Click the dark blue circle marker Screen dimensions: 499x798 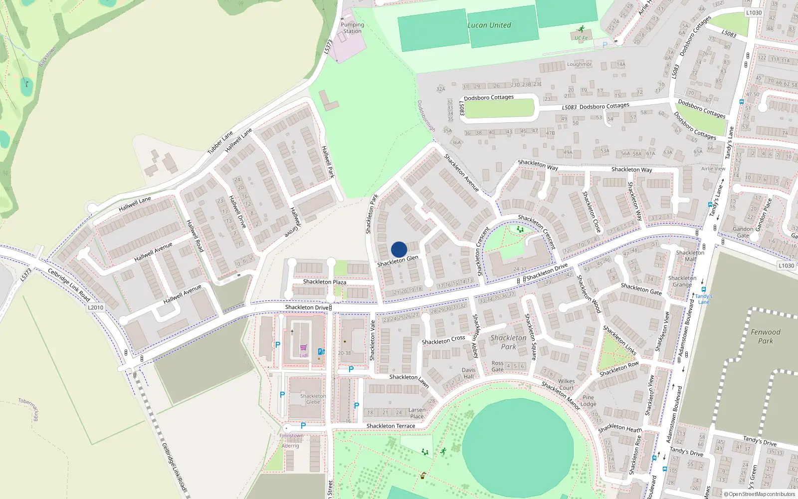pyautogui.click(x=399, y=249)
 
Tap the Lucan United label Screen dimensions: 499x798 pyautogui.click(x=489, y=25)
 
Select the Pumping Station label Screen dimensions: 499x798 pyautogui.click(x=352, y=28)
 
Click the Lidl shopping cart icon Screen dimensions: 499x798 pyautogui.click(x=303, y=348)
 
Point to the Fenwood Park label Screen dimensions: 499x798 pyautogui.click(x=765, y=336)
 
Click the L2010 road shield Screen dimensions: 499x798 pyautogui.click(x=95, y=307)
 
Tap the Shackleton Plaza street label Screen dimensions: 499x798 pyautogui.click(x=324, y=282)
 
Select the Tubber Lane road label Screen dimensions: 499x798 pyautogui.click(x=220, y=142)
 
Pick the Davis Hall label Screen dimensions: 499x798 pyautogui.click(x=468, y=373)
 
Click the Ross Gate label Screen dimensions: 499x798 pyautogui.click(x=497, y=366)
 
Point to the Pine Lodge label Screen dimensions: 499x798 pyautogui.click(x=589, y=401)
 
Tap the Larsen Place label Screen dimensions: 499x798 pyautogui.click(x=417, y=413)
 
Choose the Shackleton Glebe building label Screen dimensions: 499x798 pyautogui.click(x=313, y=399)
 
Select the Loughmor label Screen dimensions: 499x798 pyautogui.click(x=579, y=64)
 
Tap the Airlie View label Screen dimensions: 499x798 pyautogui.click(x=713, y=169)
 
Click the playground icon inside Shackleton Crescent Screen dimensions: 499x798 pyautogui.click(x=520, y=230)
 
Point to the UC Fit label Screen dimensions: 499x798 pyautogui.click(x=581, y=38)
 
